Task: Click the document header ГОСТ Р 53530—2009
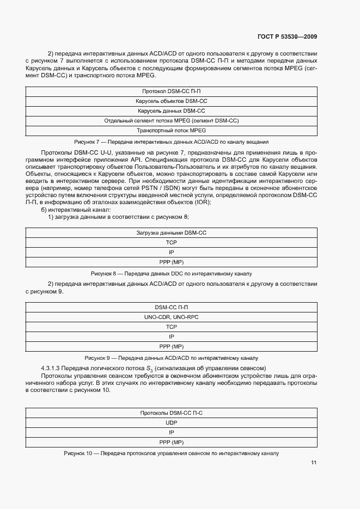[x=287, y=36]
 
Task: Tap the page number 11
[x=314, y=463]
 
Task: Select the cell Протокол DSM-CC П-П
[x=172, y=91]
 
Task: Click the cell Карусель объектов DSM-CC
[x=172, y=101]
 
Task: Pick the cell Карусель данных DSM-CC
[x=172, y=111]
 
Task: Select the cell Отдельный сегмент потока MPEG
[x=172, y=120]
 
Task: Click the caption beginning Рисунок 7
[x=172, y=141]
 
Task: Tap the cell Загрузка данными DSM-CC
[x=172, y=232]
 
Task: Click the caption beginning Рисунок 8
[x=172, y=273]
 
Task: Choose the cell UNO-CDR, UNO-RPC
[x=172, y=316]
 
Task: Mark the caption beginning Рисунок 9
[x=172, y=358]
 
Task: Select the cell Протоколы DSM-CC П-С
[x=172, y=413]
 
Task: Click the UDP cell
[x=172, y=422]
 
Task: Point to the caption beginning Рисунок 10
[x=172, y=453]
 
